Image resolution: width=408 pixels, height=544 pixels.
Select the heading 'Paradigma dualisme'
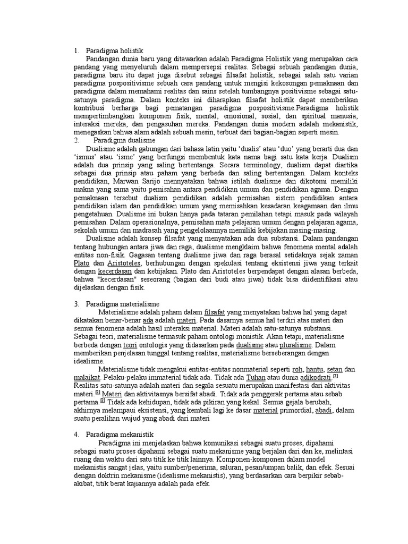point(122,140)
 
